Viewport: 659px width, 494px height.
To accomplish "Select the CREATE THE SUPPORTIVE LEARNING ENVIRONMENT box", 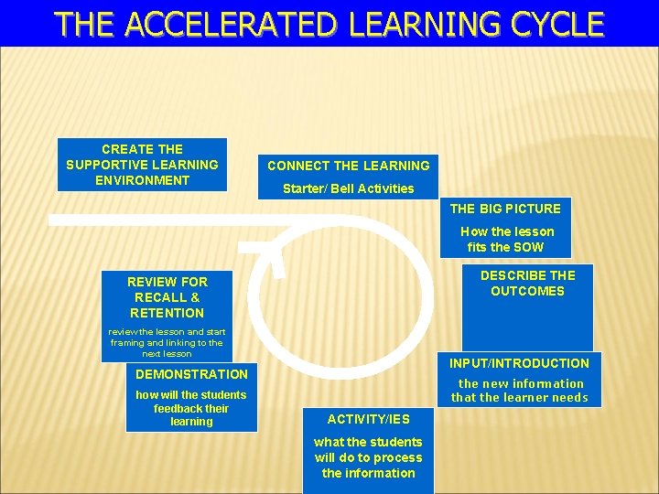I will pos(142,165).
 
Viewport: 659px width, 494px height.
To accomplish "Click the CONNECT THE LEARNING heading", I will pos(348,166).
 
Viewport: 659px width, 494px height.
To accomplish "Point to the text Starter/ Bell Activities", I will pos(348,188).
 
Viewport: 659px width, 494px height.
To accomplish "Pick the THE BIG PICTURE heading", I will pos(505,209).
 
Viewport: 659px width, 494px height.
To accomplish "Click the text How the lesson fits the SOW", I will pos(506,240).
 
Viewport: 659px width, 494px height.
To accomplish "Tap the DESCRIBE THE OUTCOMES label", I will pos(527,284).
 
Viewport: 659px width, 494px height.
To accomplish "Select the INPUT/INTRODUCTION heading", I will pos(519,363).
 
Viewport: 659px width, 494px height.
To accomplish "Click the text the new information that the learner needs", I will pos(520,391).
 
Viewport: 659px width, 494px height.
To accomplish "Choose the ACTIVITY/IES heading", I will pos(369,419).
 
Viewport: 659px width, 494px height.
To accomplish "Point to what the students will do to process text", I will pos(368,457).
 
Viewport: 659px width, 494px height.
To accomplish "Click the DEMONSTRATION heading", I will pos(191,374).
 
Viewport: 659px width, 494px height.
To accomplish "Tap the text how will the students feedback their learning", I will pos(190,408).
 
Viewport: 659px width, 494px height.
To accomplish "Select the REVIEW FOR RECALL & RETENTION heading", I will pos(167,297).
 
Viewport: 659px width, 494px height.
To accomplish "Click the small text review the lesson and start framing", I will pos(167,342).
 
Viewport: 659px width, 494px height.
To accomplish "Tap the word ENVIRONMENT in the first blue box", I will pos(142,180).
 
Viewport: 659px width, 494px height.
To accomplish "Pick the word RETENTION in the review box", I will pos(167,313).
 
